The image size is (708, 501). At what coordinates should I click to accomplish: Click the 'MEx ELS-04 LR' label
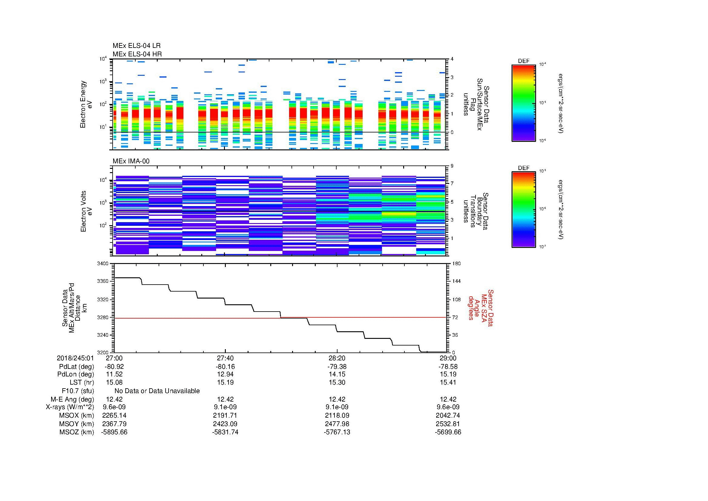(136, 46)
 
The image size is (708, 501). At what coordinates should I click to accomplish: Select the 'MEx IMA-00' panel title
(131, 161)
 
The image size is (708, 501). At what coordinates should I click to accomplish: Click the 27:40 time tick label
(225, 358)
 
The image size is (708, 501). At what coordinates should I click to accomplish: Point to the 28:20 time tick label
(337, 358)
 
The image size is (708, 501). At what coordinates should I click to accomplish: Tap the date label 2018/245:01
(75, 358)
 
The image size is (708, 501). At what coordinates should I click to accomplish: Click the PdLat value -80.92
(114, 367)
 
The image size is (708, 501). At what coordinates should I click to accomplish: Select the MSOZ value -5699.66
(448, 432)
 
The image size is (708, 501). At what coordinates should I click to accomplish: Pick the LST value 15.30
(337, 382)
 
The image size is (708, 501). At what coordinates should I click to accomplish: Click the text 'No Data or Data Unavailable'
(157, 391)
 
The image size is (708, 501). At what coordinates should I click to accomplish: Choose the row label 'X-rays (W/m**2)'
(70, 407)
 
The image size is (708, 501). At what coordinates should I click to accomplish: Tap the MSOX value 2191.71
(225, 416)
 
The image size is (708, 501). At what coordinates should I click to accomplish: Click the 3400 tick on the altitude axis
(103, 264)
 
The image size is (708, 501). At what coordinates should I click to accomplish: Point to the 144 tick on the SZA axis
(456, 281)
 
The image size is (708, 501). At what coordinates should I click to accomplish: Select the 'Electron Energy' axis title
(83, 104)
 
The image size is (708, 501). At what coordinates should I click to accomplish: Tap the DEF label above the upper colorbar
(524, 61)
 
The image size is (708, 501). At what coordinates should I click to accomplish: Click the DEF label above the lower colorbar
(524, 168)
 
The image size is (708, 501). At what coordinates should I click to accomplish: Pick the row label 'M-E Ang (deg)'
(72, 399)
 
